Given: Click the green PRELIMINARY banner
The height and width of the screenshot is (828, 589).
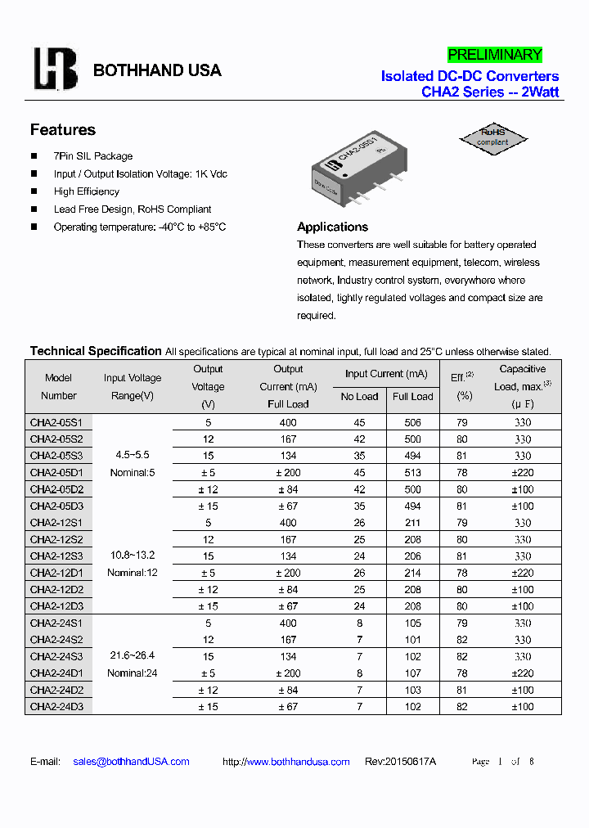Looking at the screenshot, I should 495,55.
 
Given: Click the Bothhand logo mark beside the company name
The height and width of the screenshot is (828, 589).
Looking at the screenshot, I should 55,69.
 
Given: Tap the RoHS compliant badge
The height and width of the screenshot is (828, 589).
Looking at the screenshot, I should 493,137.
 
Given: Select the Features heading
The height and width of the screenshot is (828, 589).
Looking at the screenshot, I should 63,130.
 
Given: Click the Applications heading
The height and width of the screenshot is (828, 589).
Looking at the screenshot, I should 332,227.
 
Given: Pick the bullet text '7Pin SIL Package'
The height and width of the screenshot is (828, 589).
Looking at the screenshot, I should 93,156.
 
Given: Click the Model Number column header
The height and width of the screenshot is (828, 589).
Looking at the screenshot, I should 59,387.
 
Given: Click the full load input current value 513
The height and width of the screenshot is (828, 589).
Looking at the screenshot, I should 412,473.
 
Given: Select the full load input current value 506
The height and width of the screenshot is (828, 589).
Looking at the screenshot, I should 412,423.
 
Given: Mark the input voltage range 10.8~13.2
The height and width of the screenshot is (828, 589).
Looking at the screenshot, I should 133,556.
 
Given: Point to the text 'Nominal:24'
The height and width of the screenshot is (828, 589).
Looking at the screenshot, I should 133,673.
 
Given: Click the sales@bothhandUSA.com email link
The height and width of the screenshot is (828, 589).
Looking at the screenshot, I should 131,762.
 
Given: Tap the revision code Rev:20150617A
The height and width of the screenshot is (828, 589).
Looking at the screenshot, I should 400,762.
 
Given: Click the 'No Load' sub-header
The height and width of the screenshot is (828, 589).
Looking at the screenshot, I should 360,397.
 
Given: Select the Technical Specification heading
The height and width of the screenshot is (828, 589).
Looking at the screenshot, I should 96,351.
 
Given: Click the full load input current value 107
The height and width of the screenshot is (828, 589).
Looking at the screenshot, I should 412,673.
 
